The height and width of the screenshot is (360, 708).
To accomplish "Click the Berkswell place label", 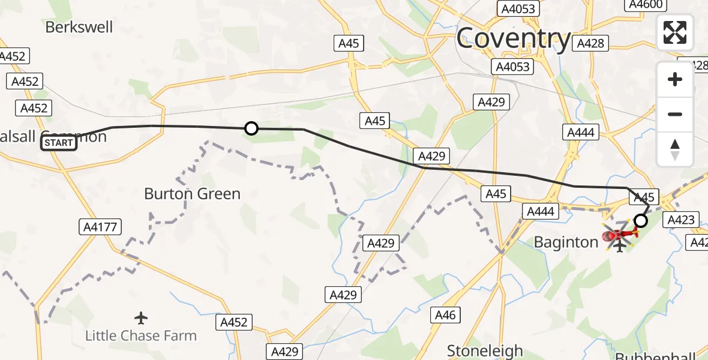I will tap(79, 27).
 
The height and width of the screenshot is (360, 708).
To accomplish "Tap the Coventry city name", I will tap(514, 39).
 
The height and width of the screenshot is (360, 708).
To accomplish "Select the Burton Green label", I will tap(192, 194).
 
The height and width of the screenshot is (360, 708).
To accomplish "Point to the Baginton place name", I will tap(566, 242).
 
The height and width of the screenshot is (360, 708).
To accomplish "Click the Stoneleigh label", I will tap(485, 350).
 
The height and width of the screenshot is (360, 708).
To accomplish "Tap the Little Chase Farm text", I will tap(141, 335).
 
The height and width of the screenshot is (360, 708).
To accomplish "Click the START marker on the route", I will tap(59, 143).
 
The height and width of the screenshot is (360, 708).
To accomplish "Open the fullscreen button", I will tap(675, 32).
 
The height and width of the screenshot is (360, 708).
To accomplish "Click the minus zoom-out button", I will tap(675, 114).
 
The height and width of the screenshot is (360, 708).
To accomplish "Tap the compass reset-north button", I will tap(675, 149).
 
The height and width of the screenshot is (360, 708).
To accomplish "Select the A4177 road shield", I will tap(100, 227).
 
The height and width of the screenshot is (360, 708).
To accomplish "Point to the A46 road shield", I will tap(445, 315).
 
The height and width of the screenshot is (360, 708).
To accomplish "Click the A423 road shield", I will tap(682, 220).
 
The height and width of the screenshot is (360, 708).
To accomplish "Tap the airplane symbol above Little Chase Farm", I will tap(141, 317).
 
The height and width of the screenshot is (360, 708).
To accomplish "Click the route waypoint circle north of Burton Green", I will tap(251, 128).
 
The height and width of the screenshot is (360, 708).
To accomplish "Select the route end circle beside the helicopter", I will tap(641, 221).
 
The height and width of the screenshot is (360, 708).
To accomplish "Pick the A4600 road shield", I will tap(646, 5).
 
